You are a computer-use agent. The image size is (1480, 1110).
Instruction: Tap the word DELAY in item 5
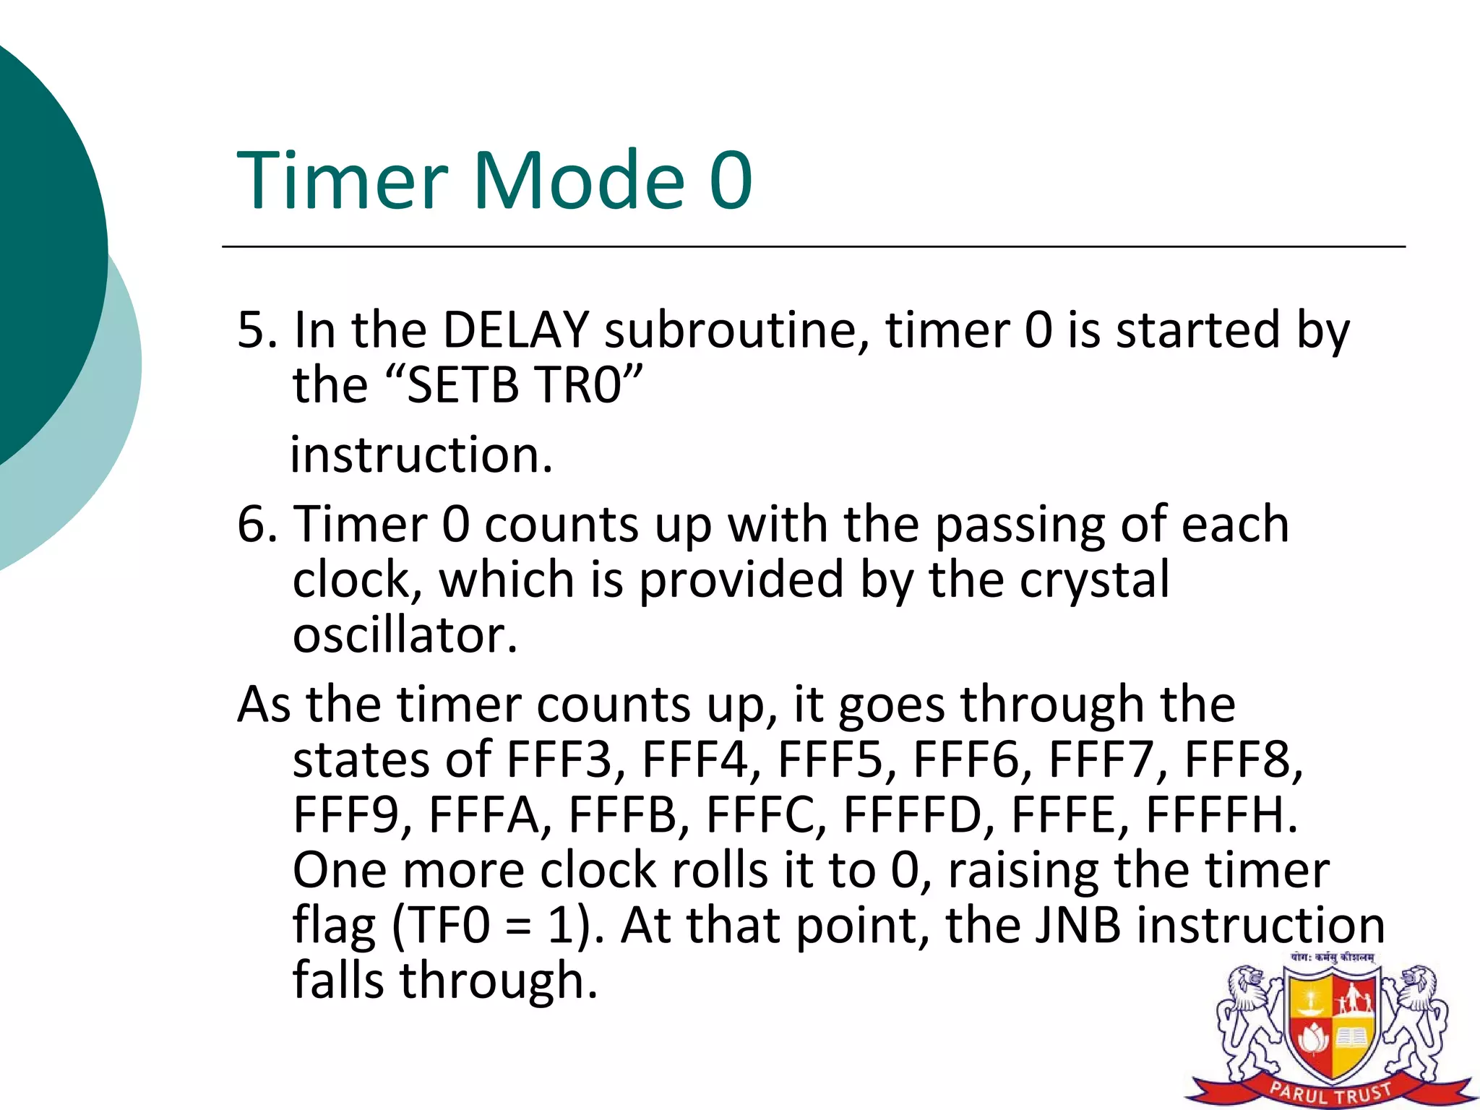(x=516, y=330)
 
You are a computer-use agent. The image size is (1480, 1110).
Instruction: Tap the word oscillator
(x=405, y=636)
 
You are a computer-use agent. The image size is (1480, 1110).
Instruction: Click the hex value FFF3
(x=559, y=760)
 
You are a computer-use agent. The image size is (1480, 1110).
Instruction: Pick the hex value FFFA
(x=484, y=815)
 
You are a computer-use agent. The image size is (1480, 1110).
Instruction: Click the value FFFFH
(x=1221, y=815)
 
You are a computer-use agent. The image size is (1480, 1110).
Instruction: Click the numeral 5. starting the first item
(x=257, y=330)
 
